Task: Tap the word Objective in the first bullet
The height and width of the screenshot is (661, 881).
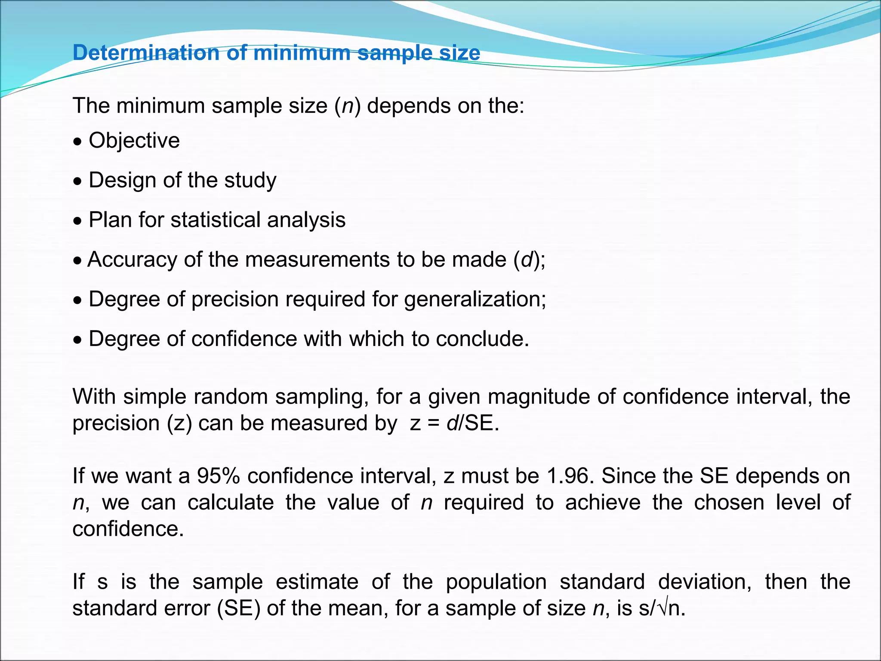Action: coord(134,141)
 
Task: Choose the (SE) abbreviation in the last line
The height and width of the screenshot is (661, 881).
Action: coord(239,608)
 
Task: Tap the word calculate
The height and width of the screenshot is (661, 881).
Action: coord(231,503)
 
